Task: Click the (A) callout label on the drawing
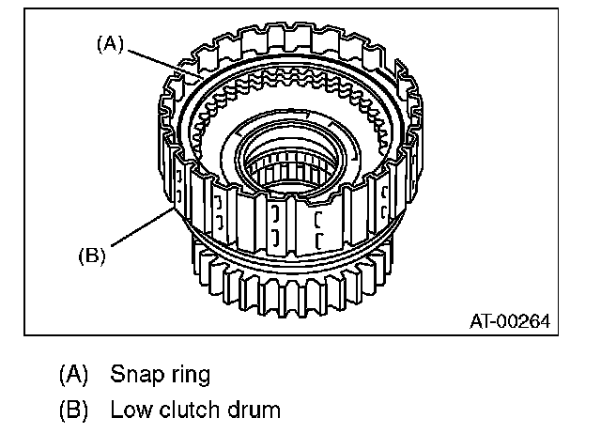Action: tap(110, 45)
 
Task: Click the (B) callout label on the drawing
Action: tap(91, 253)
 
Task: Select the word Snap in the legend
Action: tap(133, 374)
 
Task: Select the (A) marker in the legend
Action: tap(72, 375)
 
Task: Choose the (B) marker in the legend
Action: tap(72, 411)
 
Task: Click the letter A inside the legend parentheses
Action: tap(72, 375)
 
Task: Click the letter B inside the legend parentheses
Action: tap(72, 411)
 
